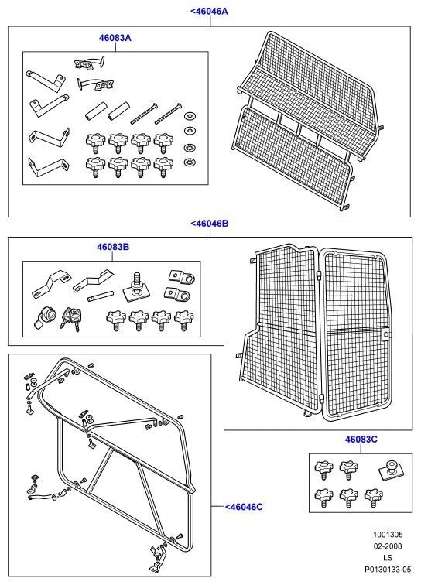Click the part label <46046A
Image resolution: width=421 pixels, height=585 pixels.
209,11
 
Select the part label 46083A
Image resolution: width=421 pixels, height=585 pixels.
115,38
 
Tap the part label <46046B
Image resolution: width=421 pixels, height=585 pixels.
210,224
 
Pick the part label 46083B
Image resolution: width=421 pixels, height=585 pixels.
113,247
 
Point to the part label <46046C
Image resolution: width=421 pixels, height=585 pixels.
244,507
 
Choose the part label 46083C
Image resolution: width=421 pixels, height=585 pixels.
361,439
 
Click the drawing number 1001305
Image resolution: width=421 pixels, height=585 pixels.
388,535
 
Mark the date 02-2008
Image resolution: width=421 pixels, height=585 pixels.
388,546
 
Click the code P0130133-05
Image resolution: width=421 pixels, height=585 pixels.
388,570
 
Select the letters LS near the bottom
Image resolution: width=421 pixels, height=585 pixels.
388,558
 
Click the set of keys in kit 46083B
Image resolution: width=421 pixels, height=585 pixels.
71,320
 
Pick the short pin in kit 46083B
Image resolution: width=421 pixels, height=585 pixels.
100,296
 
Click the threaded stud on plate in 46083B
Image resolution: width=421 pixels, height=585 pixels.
137,287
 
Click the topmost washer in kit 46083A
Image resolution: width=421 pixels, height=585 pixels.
190,116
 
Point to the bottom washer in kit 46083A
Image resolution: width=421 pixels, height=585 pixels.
190,162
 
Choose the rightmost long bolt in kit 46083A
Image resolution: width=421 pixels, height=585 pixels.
168,114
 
